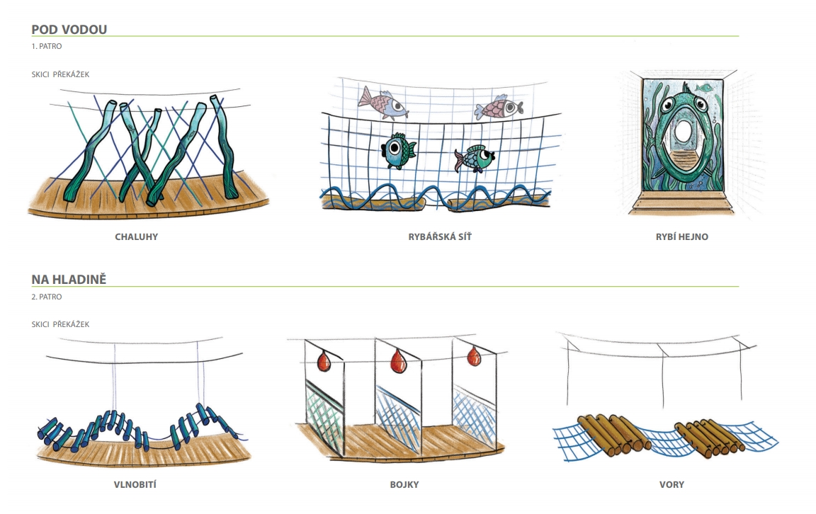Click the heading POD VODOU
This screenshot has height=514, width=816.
click(x=69, y=29)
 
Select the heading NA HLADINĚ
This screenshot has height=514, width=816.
click(x=69, y=280)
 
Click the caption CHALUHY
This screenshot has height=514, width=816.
click(x=136, y=236)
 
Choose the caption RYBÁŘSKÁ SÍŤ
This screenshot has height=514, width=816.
click(x=439, y=236)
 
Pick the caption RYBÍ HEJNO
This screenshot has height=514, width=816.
click(x=681, y=236)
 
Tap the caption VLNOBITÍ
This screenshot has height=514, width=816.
click(x=136, y=485)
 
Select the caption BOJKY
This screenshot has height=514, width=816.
click(x=404, y=485)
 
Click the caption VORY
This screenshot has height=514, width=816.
click(x=671, y=485)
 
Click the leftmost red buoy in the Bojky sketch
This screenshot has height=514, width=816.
click(x=324, y=362)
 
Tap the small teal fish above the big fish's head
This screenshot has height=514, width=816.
click(x=703, y=87)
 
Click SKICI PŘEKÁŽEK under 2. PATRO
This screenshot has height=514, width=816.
click(x=60, y=324)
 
